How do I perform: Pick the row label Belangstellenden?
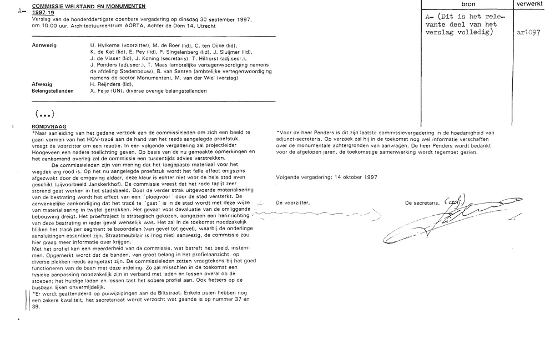pyautogui.click(x=53, y=90)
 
